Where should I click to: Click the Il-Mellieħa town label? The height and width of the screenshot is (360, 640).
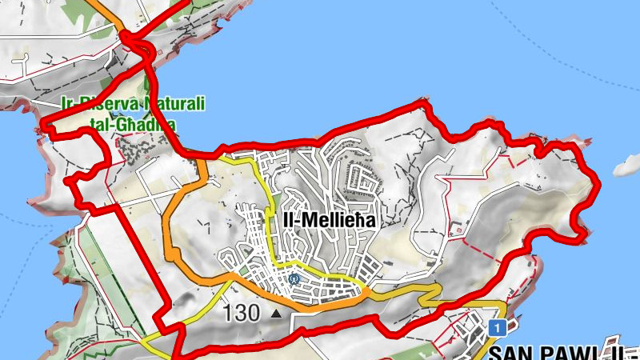329,218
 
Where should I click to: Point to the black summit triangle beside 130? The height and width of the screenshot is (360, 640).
277,314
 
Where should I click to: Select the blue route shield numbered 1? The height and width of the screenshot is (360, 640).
497,328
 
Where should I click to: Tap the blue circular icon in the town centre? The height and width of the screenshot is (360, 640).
294,279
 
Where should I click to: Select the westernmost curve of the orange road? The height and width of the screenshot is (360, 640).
166,232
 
